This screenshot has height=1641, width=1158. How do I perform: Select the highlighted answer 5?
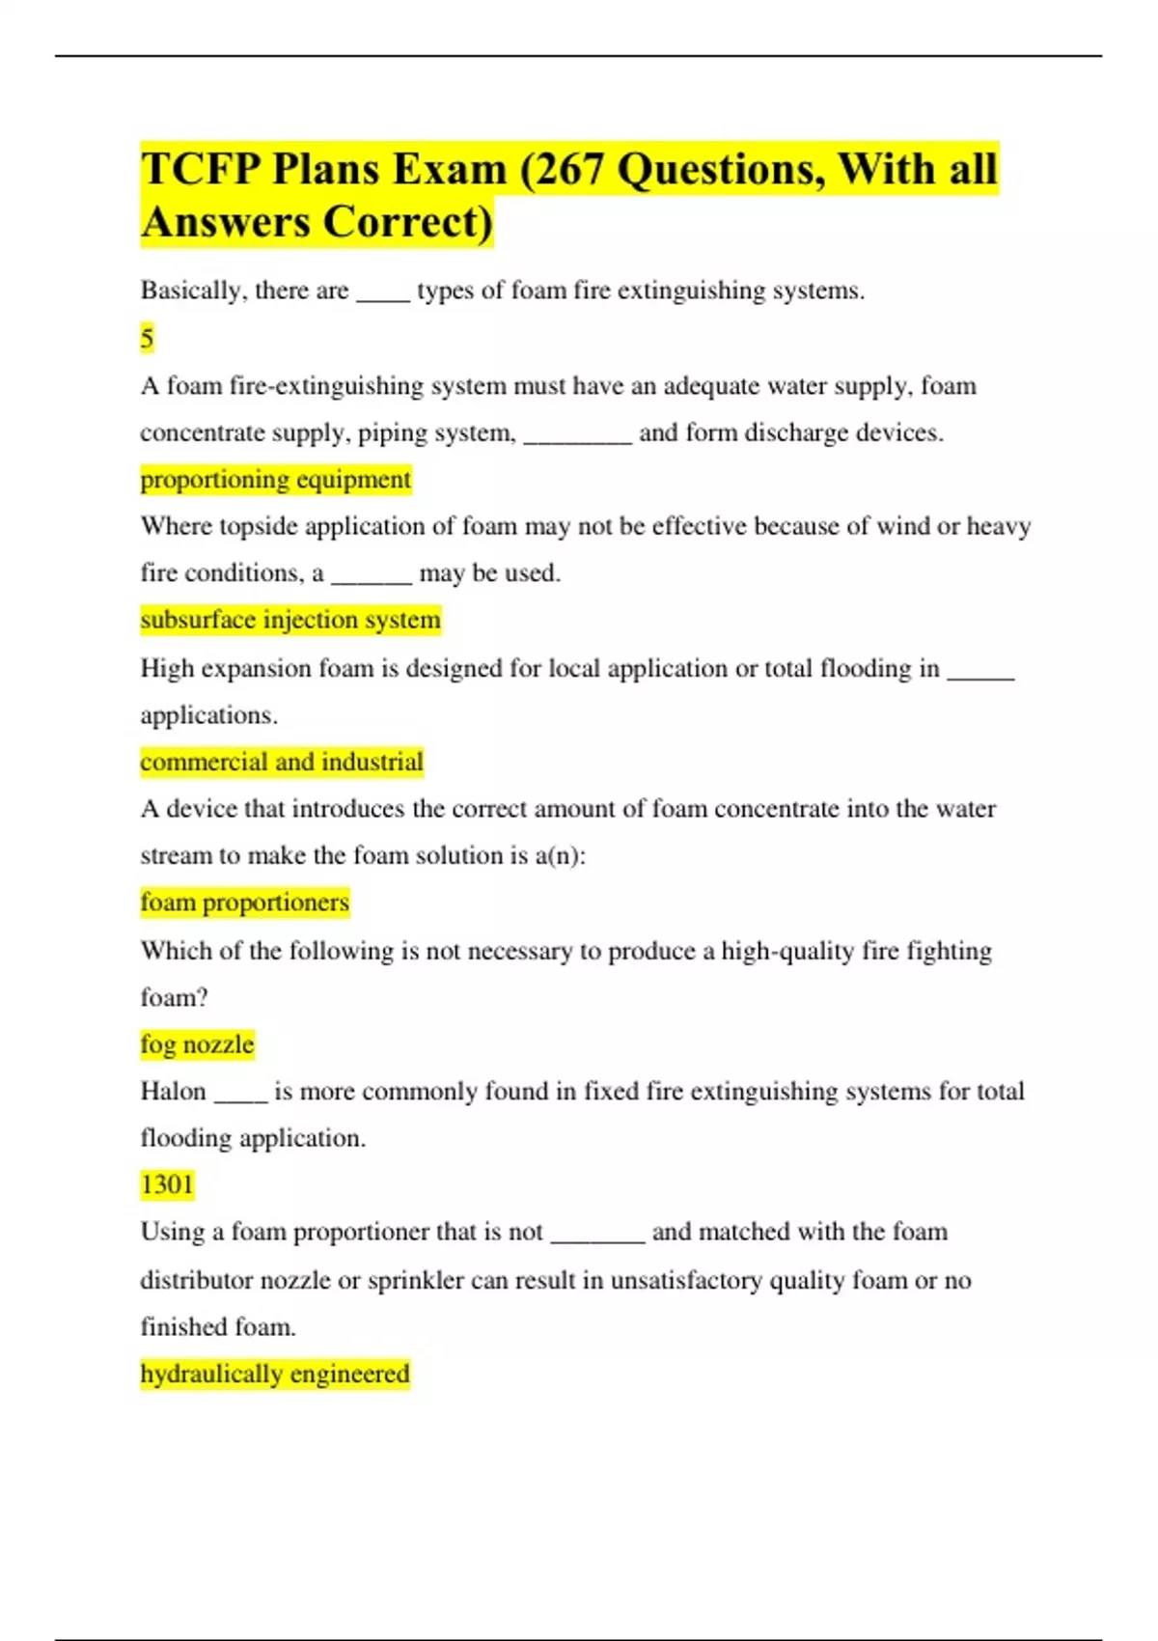point(147,338)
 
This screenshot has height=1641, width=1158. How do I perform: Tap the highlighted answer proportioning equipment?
point(276,479)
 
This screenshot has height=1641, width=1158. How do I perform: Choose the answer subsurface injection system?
point(290,619)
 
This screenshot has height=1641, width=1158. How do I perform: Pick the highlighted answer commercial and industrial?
point(282,762)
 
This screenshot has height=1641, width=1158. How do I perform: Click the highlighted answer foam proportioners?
point(244,902)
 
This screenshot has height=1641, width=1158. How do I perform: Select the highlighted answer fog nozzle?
point(197,1043)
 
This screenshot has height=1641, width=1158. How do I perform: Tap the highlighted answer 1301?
point(167,1183)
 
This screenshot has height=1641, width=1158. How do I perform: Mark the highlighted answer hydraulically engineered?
point(275,1373)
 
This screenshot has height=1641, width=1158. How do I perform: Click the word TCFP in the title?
point(201,170)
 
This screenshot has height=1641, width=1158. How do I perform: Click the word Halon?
point(174,1091)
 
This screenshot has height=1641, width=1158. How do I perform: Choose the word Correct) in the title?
point(406,222)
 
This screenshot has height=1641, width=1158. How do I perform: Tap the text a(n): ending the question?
point(561,856)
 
